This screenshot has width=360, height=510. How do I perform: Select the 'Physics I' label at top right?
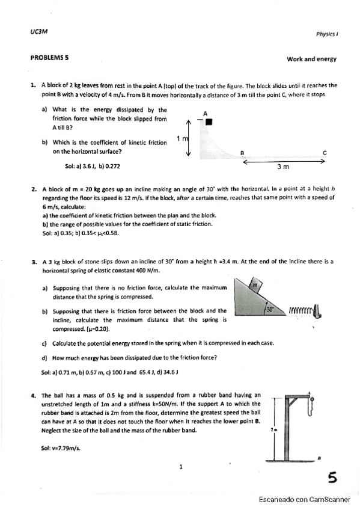pyautogui.click(x=326, y=34)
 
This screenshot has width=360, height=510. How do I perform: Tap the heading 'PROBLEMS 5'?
pyautogui.click(x=49, y=58)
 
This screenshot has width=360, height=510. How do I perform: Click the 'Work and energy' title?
pyautogui.click(x=312, y=59)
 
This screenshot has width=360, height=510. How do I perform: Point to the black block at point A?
pyautogui.click(x=209, y=122)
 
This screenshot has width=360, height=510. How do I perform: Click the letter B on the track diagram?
pyautogui.click(x=242, y=153)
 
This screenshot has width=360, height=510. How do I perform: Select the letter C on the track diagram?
pyautogui.click(x=325, y=153)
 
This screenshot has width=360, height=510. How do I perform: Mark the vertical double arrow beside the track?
pyautogui.click(x=190, y=137)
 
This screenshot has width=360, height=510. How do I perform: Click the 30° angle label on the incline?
pyautogui.click(x=270, y=310)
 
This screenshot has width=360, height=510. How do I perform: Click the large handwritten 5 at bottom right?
pyautogui.click(x=332, y=478)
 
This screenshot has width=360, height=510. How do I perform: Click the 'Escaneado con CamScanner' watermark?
pyautogui.click(x=305, y=499)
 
